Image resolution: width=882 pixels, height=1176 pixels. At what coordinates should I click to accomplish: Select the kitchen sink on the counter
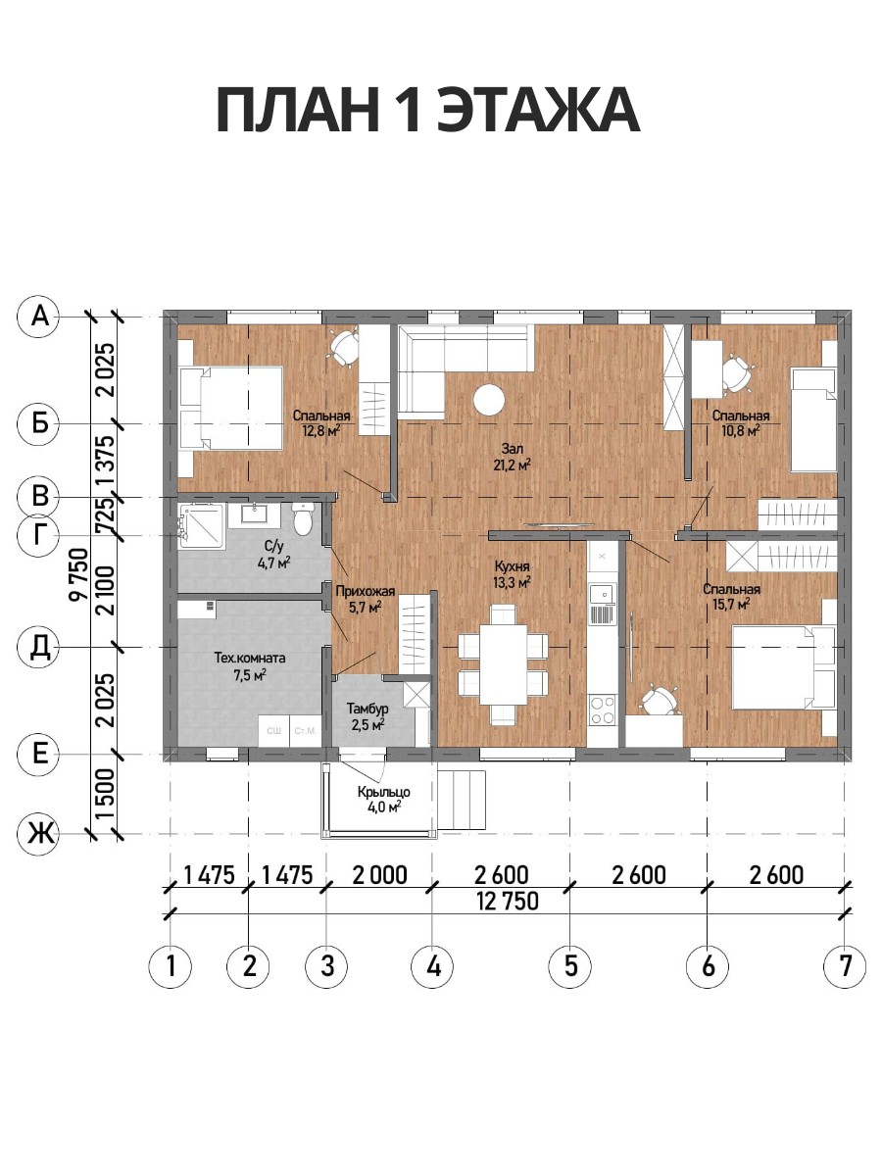tap(602, 595)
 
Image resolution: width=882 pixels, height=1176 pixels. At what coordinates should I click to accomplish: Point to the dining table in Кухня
tap(504, 665)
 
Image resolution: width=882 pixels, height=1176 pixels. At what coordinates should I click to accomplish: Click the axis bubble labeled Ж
tap(40, 834)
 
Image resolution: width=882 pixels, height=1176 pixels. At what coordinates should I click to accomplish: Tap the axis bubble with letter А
tap(40, 318)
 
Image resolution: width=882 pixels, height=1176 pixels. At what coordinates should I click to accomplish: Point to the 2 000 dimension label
tap(379, 875)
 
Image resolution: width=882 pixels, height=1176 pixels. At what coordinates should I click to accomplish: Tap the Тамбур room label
tap(367, 709)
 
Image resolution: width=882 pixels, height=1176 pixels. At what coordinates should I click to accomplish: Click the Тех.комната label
tap(250, 658)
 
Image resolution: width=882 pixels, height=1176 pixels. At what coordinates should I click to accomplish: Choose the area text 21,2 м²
tap(512, 465)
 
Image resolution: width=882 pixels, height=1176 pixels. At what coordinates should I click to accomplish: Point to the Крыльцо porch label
tap(384, 792)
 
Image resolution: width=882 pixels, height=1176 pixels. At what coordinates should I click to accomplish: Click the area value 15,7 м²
tap(731, 605)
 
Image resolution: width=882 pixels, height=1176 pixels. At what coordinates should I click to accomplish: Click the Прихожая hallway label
tap(366, 592)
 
